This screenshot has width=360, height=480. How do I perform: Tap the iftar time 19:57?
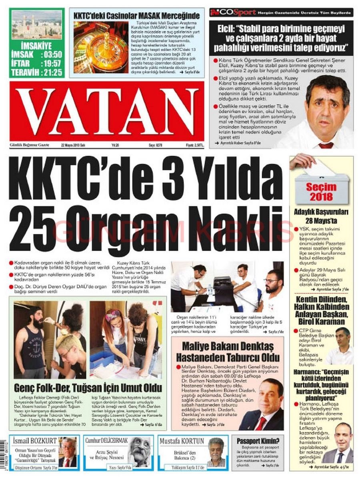pos(51,63)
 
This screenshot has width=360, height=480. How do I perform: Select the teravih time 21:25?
pos(51,72)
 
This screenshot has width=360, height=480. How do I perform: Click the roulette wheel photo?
pos(100,47)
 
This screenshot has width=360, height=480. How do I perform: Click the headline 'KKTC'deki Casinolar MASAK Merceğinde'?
pos(136,16)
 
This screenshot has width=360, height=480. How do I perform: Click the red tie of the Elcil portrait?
pos(326,145)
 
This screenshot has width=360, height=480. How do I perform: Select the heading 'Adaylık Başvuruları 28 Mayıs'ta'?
pos(322,216)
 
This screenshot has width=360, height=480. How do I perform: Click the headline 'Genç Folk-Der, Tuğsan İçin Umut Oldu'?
pos(88,388)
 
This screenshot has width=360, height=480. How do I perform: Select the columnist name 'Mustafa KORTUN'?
pos(182,441)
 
